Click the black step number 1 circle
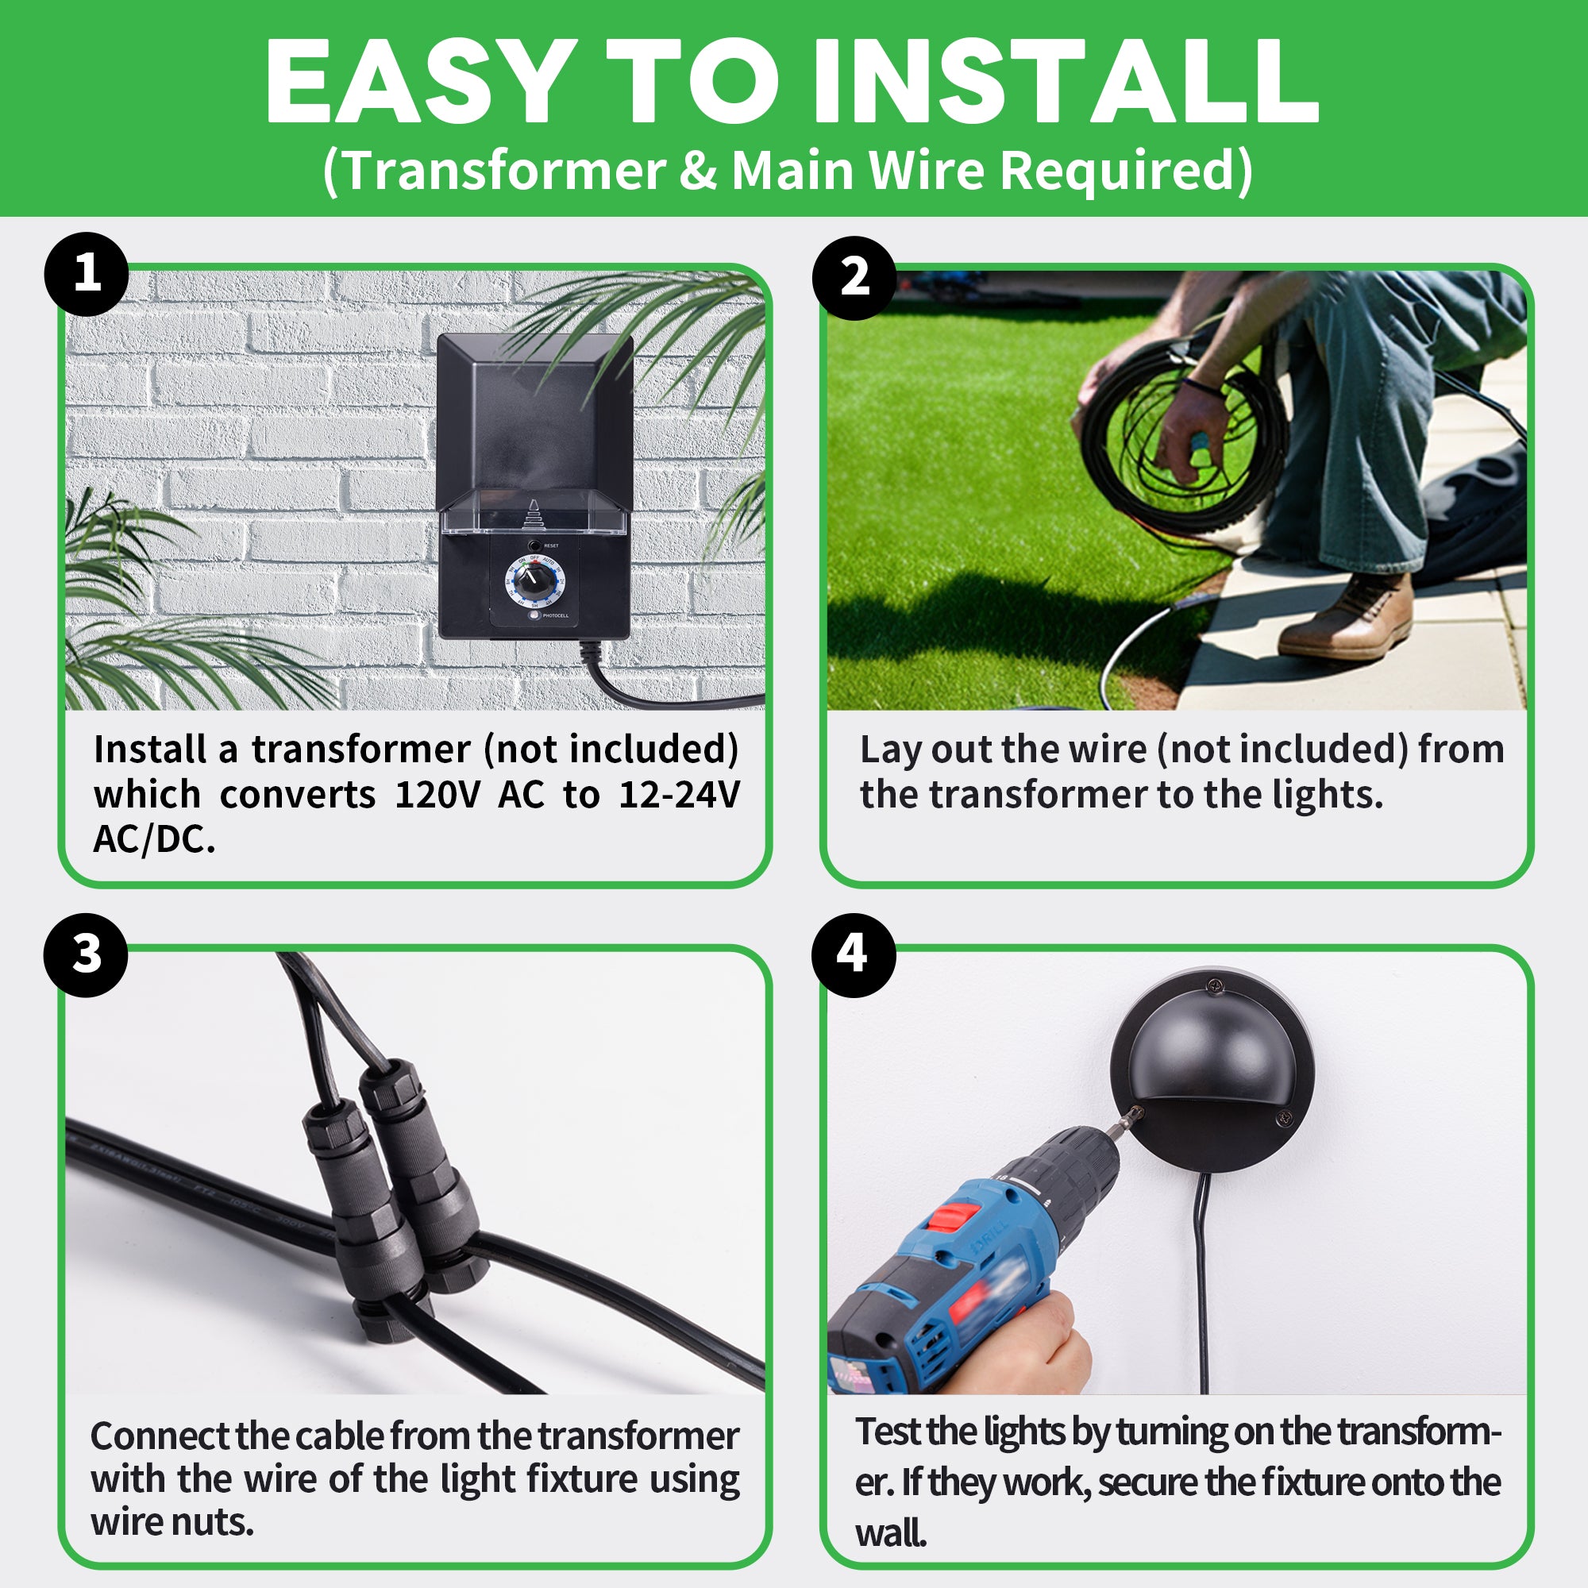[87, 275]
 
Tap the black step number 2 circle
[854, 278]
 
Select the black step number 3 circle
[87, 955]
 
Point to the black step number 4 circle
[854, 955]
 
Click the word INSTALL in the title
[1066, 83]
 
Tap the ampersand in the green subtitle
[698, 171]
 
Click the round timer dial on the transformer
[534, 583]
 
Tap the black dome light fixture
[1212, 1070]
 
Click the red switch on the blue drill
[952, 1215]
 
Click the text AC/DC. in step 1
[155, 839]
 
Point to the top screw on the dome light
[1213, 984]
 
